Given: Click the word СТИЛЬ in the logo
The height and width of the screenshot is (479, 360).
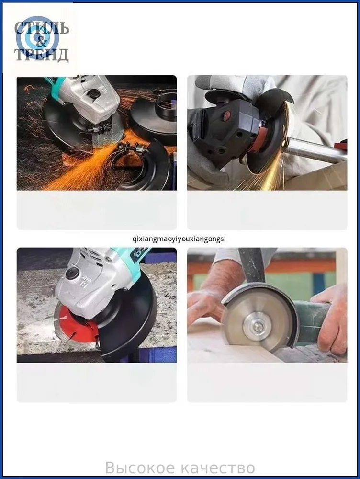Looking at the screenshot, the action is [42, 28].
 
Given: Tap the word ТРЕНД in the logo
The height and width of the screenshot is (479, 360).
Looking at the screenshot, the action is [42, 55].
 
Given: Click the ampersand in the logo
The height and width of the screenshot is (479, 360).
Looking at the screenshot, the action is [41, 42].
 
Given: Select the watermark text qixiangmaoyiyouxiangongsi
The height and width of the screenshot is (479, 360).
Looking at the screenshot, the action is [180, 239].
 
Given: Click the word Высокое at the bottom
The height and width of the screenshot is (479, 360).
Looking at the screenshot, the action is [140, 468].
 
